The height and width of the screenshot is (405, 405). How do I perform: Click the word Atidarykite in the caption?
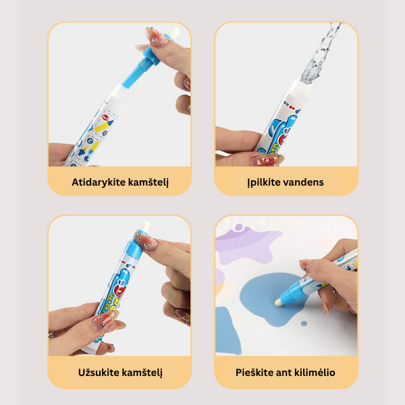tap(99, 182)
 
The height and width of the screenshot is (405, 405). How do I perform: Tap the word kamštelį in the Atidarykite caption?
tap(148, 182)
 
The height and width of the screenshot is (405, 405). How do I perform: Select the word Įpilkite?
tap(263, 182)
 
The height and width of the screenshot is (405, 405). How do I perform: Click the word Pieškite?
tap(254, 373)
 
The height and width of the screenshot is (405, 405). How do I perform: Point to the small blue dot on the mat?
tap(304, 323)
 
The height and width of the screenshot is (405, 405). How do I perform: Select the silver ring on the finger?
tap(51, 335)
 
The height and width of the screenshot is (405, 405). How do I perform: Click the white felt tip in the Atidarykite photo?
tap(174, 34)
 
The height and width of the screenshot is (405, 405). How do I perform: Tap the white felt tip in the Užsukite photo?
tap(144, 227)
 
